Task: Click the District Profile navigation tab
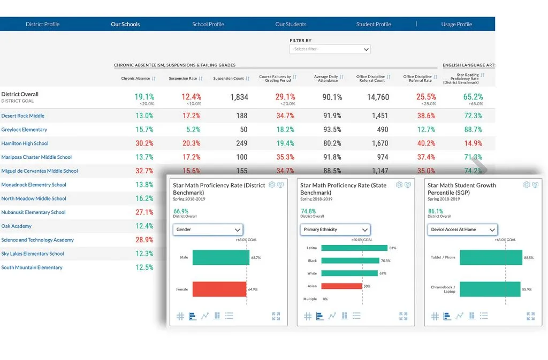click(42, 24)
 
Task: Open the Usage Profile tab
click(456, 24)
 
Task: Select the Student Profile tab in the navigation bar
click(374, 24)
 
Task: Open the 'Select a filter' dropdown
click(330, 49)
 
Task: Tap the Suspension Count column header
click(229, 79)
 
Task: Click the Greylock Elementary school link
click(24, 129)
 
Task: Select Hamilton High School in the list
click(25, 143)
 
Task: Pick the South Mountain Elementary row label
click(32, 267)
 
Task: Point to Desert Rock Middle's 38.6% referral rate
click(426, 116)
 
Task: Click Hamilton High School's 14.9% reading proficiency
click(473, 143)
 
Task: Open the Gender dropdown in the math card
click(208, 229)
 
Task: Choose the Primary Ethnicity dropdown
click(335, 229)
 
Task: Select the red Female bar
click(219, 289)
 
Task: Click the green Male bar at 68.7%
click(220, 257)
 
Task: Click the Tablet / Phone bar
click(491, 257)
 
